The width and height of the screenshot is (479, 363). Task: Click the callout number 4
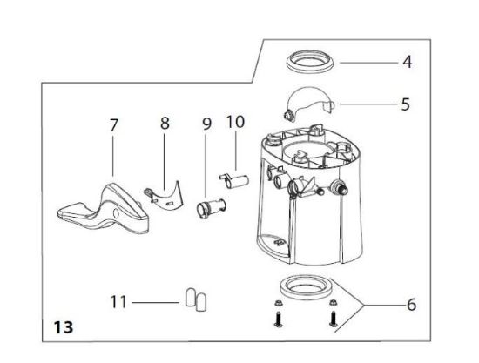[x=407, y=63]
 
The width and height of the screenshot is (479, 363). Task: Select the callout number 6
[x=411, y=306]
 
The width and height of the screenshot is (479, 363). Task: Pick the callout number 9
[x=206, y=124]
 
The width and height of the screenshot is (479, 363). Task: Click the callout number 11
[x=118, y=302]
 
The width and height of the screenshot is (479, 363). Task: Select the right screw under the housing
[x=334, y=317]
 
